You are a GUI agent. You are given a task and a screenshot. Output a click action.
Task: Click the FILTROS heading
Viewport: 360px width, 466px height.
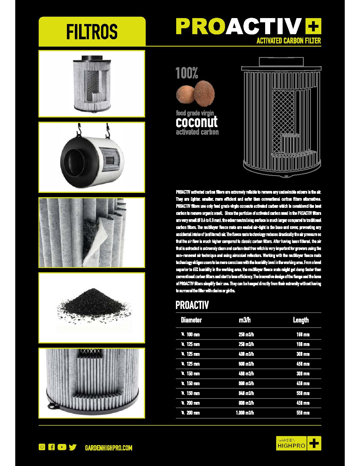pos(92,31)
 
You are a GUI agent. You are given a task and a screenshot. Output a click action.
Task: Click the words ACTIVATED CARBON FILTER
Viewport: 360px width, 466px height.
pos(289,41)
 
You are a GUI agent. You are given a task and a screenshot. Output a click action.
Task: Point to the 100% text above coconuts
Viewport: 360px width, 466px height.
pos(187,73)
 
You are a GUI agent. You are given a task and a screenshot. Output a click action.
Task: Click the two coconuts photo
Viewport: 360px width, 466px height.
pos(195,94)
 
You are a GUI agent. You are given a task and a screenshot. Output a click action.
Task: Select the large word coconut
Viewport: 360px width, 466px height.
pos(197,122)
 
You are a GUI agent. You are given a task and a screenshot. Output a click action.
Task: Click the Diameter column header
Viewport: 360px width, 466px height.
pos(191,320)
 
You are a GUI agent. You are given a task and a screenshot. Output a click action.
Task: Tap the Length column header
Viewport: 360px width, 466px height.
pos(301,320)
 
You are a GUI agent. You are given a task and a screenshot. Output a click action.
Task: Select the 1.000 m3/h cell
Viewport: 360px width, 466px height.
pos(245,413)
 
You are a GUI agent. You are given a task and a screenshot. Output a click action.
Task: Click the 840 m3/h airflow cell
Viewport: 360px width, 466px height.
pos(246,393)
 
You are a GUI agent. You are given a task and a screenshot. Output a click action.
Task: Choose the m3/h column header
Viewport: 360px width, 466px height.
pos(245,320)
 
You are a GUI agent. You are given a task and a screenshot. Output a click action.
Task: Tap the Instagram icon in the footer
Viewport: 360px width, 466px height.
pos(42,447)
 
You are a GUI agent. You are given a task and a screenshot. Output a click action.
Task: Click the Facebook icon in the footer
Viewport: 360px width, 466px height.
pos(51,447)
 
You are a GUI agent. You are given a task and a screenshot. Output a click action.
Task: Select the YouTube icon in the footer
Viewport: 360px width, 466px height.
pos(62,447)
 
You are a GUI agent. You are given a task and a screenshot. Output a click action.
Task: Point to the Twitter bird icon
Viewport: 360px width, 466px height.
pos(73,447)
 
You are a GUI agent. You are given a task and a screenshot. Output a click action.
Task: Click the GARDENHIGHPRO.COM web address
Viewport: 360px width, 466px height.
pos(108,448)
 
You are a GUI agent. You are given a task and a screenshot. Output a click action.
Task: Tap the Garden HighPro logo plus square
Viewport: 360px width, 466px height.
pos(315,443)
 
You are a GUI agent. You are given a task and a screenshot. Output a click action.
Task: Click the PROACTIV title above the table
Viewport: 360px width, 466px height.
pos(192,305)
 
